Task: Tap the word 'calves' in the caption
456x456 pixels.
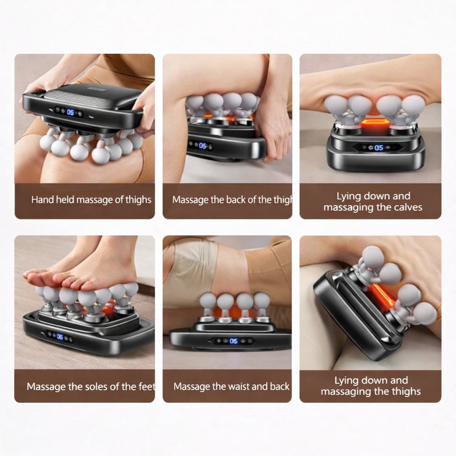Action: (x=408, y=208)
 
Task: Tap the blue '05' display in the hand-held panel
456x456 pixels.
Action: (x=70, y=112)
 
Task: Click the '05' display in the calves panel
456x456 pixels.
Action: (x=379, y=148)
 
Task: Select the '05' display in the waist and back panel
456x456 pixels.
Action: (x=233, y=341)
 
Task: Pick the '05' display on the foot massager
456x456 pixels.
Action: (x=60, y=337)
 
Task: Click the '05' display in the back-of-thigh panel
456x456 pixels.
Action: (x=203, y=146)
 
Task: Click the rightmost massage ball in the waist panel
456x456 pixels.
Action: (x=262, y=301)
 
